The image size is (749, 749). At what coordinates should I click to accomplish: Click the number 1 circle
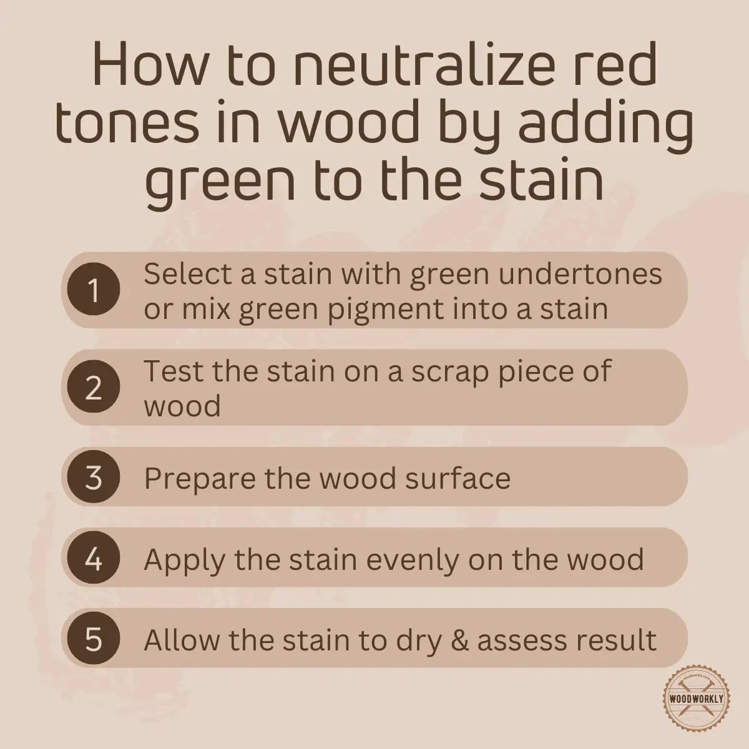(94, 291)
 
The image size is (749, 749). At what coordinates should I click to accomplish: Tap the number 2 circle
(94, 388)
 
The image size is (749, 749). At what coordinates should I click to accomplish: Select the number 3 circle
(94, 478)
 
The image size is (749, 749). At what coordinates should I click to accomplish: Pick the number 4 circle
(94, 559)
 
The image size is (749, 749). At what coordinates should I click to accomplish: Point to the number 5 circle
(94, 639)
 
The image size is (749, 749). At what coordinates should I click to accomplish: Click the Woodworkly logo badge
(695, 698)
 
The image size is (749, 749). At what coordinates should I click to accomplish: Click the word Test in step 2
(172, 371)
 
